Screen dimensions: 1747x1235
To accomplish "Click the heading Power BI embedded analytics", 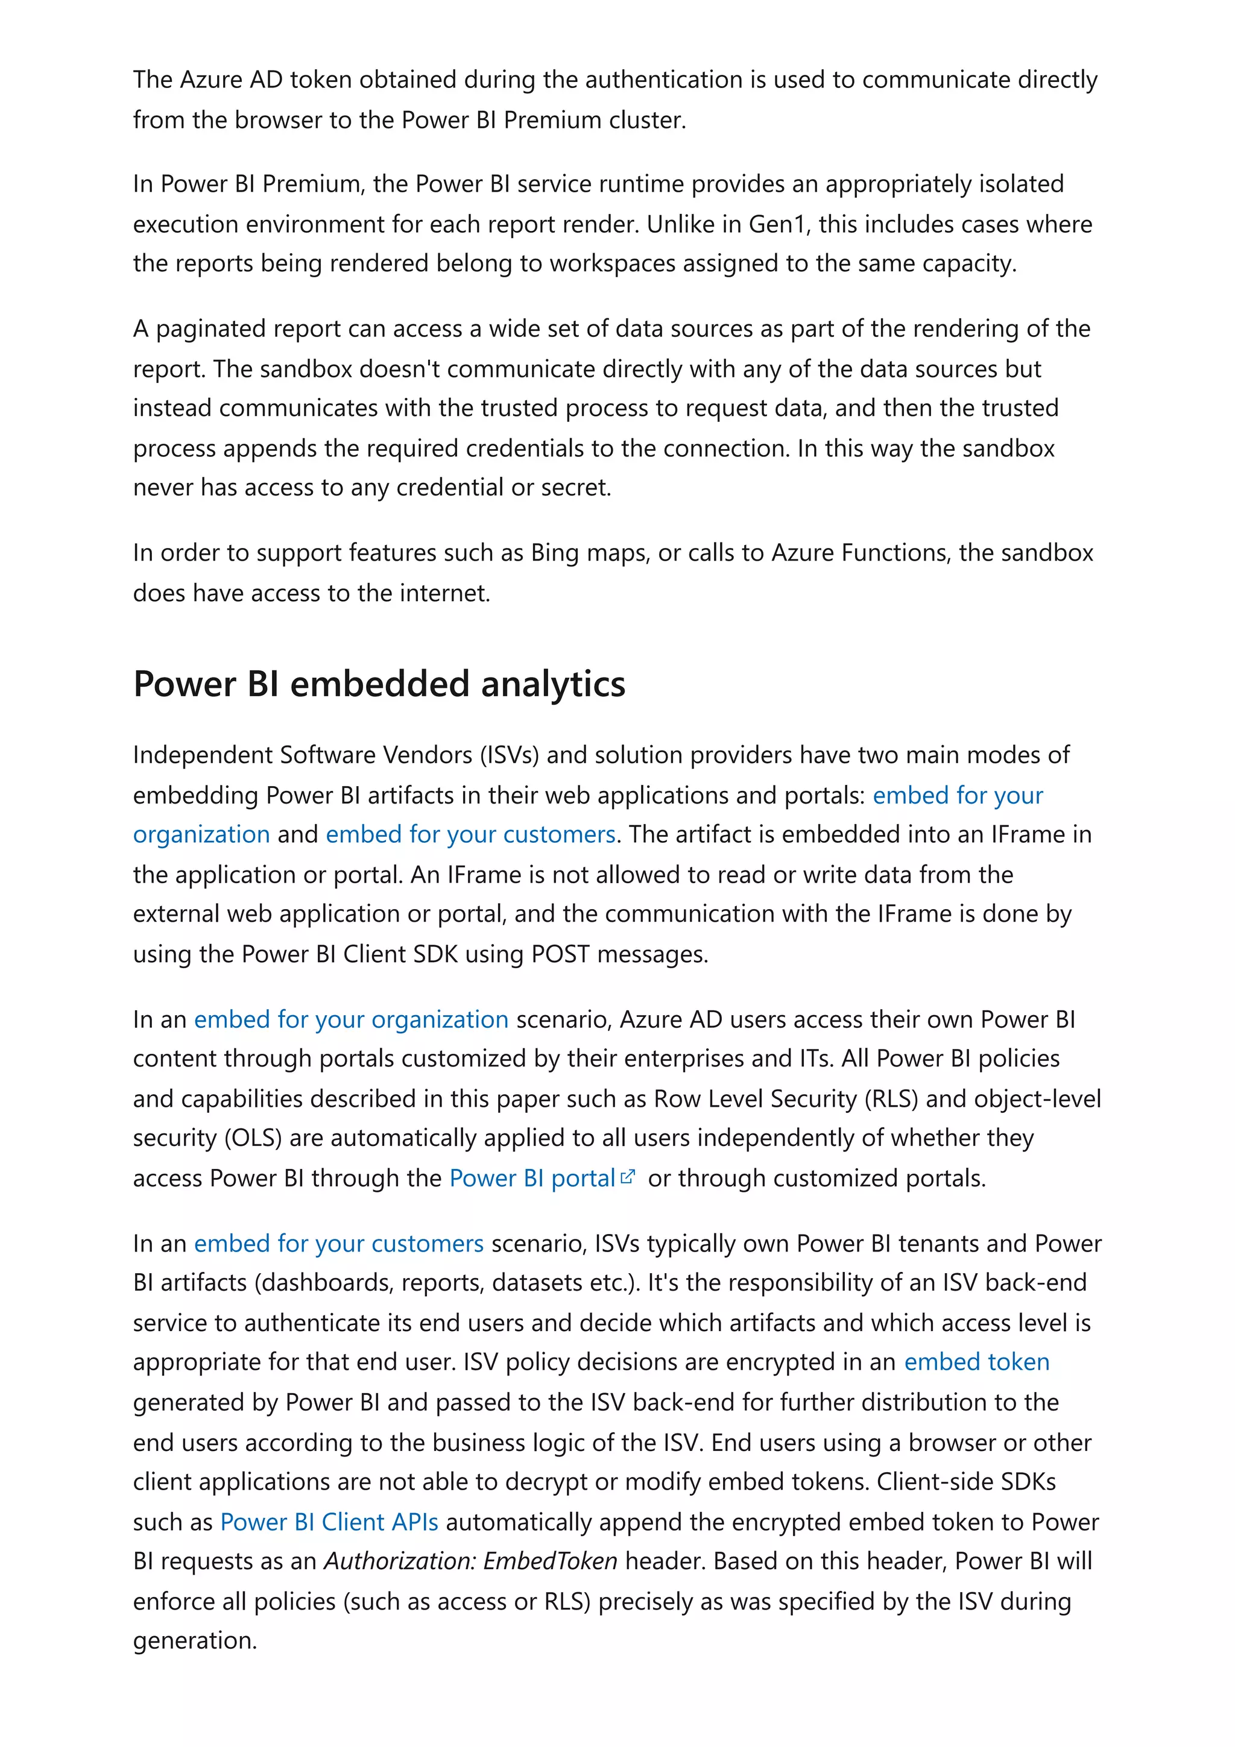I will coord(379,684).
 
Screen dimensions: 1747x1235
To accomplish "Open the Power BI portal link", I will coord(531,1178).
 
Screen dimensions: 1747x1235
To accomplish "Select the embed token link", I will coord(976,1361).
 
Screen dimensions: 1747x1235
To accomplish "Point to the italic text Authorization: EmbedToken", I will coord(470,1561).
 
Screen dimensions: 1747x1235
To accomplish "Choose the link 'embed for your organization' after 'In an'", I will coord(351,1019).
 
